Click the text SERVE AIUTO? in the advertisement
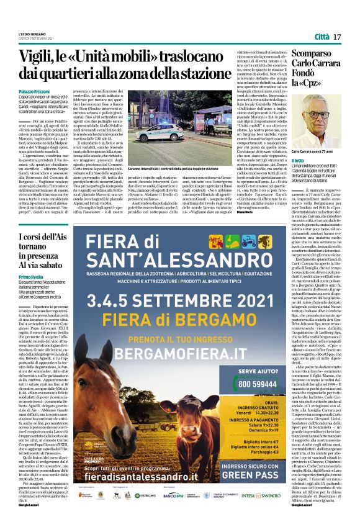(258, 372)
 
